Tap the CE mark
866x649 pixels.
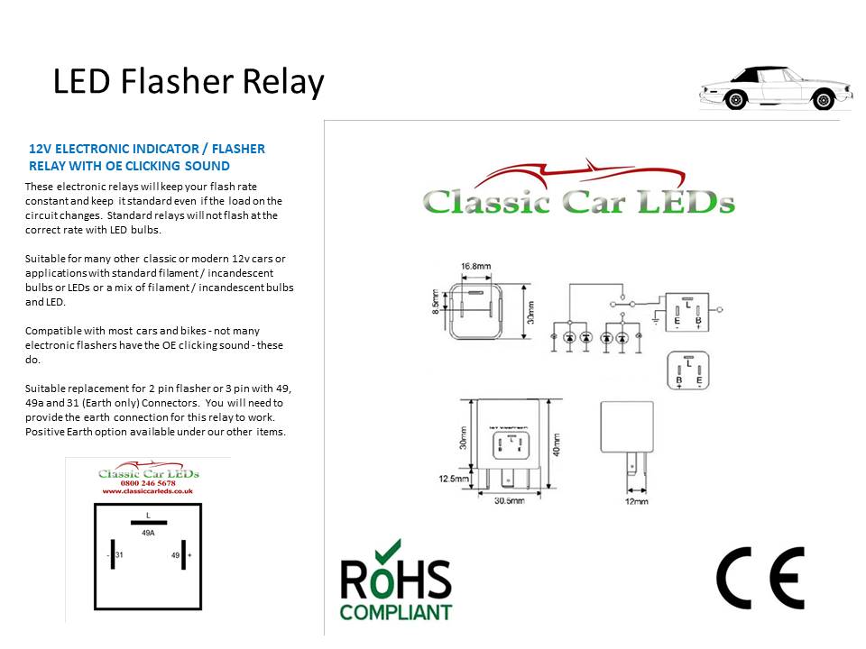760,578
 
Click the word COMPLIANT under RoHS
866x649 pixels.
395,612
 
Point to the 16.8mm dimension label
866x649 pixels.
475,267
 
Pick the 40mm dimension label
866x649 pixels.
557,444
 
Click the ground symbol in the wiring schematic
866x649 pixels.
653,318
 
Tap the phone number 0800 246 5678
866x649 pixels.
148,483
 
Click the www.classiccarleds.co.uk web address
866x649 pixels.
148,492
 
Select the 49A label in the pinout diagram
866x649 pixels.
148,533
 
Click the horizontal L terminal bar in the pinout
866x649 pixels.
148,521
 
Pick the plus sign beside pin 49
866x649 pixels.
189,555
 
